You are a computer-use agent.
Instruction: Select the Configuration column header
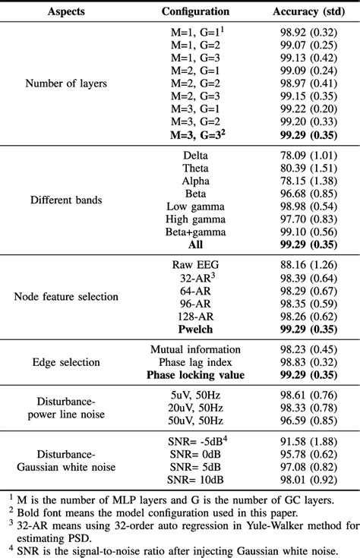coord(195,12)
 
